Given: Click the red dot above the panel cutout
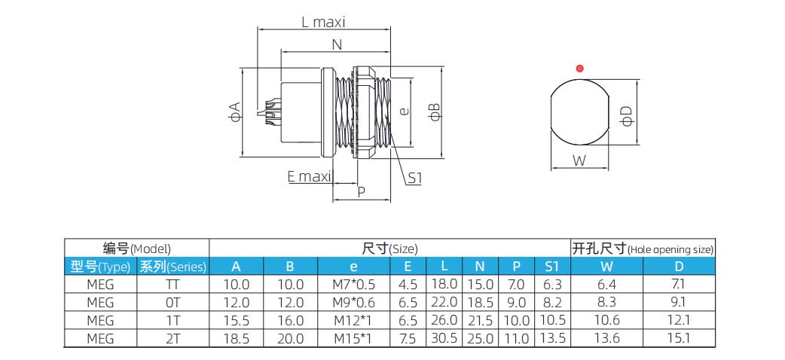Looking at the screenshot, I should (x=579, y=69).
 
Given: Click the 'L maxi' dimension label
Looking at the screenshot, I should (x=323, y=22).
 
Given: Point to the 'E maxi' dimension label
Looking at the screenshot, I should (x=309, y=177).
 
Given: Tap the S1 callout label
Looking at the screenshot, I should (x=415, y=178).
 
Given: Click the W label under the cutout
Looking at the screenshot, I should (x=579, y=160).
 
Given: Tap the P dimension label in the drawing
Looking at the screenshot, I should (x=361, y=192).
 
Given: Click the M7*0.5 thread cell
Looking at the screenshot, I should (x=353, y=285).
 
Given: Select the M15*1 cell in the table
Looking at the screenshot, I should (x=353, y=339).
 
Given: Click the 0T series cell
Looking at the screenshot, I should (x=173, y=303).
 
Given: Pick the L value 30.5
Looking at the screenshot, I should (x=444, y=339).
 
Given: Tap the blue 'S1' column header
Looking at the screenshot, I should (x=551, y=266).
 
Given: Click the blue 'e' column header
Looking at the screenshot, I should (x=353, y=266).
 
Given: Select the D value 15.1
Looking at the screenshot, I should (x=679, y=339).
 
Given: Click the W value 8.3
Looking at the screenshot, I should (x=606, y=303).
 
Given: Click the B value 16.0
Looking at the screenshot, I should (x=290, y=321).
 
